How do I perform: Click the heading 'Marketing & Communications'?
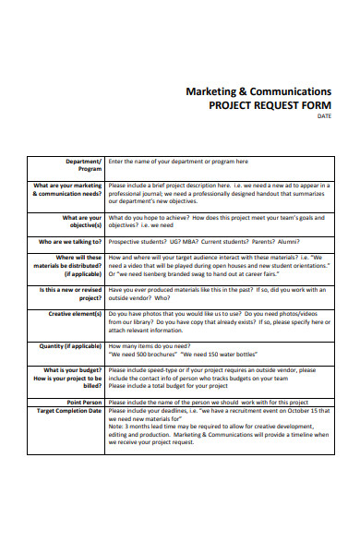(258, 92)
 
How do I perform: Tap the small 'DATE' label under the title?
(324, 116)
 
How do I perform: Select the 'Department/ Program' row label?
(84, 165)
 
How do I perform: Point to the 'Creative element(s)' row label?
(76, 314)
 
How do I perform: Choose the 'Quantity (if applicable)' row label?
(70, 346)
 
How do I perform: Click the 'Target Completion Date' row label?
(69, 410)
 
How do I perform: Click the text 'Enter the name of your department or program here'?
(178, 162)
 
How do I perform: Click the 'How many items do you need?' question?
(152, 346)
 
